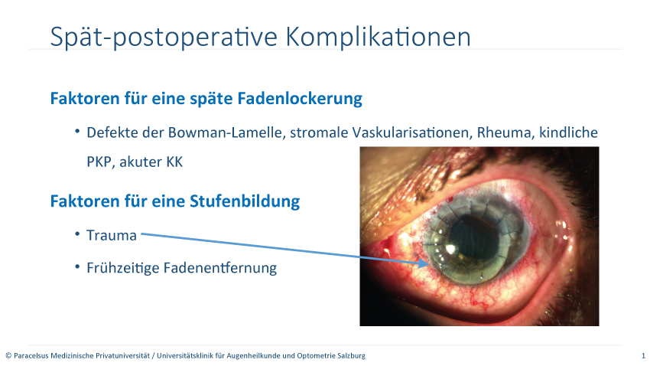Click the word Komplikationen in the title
coord(378,38)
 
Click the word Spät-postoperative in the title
coord(164,38)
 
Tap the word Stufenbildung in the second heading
coord(245,201)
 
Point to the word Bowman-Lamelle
coord(227,132)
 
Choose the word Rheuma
coord(504,132)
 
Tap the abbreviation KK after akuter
coord(174,162)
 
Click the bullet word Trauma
coord(112,236)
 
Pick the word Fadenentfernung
coord(220,268)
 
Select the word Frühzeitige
coord(122,269)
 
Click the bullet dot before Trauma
coord(77,234)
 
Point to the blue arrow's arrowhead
coord(424,263)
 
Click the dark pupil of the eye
coord(473,239)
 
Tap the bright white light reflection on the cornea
coord(450,250)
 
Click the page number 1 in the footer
coord(643,355)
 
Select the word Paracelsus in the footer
coord(30,355)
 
